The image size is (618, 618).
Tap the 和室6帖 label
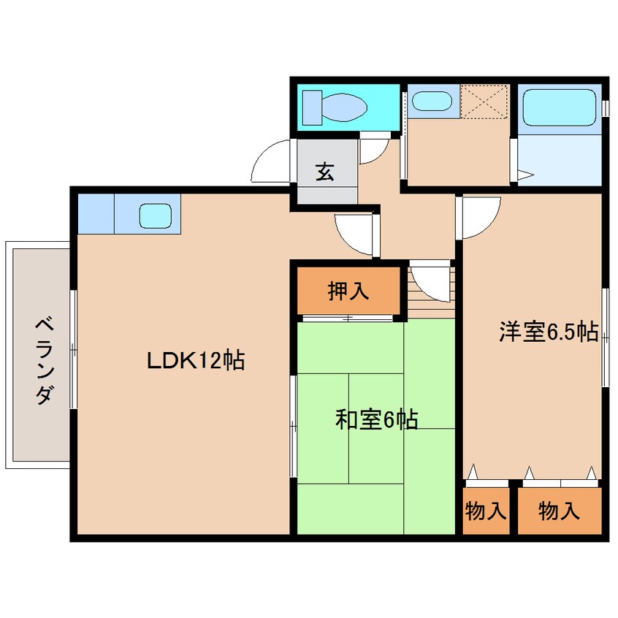376,420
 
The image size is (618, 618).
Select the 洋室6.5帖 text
549,332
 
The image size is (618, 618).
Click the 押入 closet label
348,291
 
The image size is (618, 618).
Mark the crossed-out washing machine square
485,101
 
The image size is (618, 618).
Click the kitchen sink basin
155,215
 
